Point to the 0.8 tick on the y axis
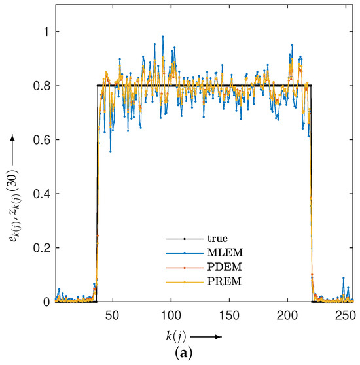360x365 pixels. (37, 86)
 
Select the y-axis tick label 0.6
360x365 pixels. (37, 140)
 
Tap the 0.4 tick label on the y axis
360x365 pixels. (37, 194)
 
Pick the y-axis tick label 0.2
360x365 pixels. (37, 248)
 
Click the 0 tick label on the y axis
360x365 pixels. (41, 302)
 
